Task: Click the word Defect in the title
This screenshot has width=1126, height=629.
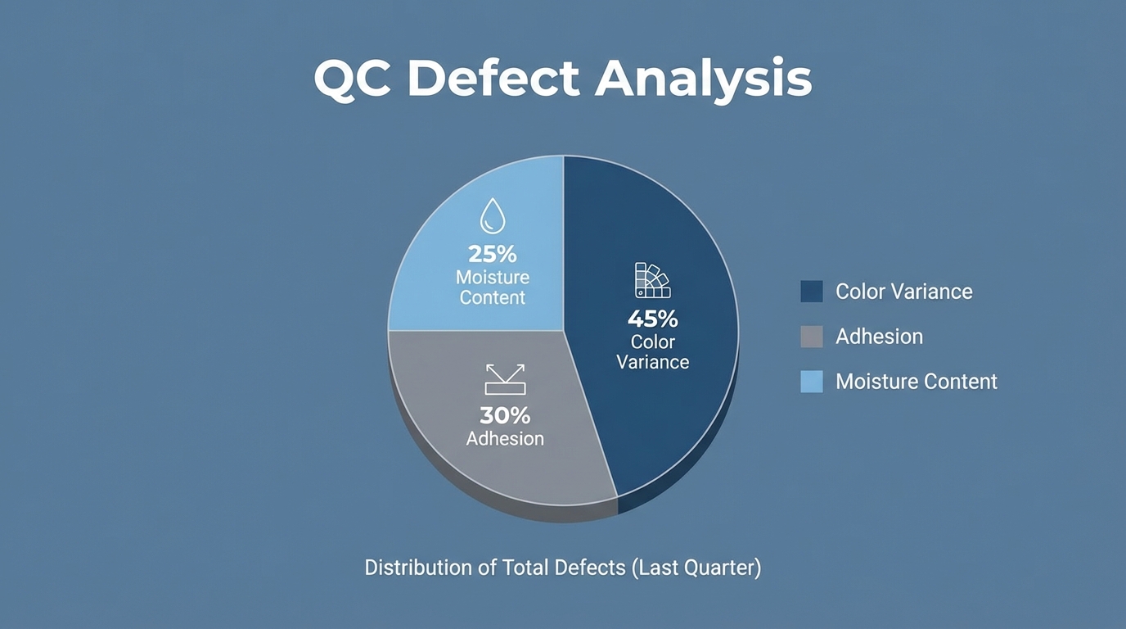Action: [493, 79]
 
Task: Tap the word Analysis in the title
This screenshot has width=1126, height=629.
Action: [703, 80]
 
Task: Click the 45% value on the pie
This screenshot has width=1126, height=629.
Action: [652, 319]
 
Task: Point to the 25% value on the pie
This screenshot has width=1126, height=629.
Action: [492, 254]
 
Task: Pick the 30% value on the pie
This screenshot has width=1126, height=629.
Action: [505, 415]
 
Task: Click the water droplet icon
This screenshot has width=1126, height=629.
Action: [492, 216]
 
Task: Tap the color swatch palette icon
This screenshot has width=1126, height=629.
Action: [652, 280]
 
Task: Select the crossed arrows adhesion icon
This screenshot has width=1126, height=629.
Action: [505, 379]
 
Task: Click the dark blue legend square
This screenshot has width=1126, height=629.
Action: [811, 292]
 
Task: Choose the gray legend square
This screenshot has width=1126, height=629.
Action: [811, 337]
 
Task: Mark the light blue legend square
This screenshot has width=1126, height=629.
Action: [811, 382]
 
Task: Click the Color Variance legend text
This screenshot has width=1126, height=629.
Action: [903, 292]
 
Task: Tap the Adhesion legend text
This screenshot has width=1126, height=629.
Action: [879, 337]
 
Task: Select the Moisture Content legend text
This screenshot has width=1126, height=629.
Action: [917, 382]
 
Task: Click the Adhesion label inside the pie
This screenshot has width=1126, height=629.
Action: [505, 439]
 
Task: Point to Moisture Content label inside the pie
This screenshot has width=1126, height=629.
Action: [492, 287]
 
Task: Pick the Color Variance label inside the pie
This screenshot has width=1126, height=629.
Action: [652, 351]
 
